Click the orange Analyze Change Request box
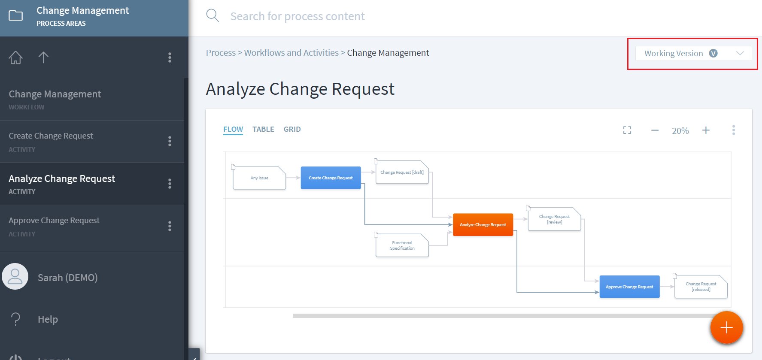pyautogui.click(x=483, y=224)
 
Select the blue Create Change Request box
pyautogui.click(x=331, y=178)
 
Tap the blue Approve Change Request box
pyautogui.click(x=629, y=287)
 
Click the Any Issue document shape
pyautogui.click(x=259, y=178)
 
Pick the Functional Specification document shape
pyautogui.click(x=402, y=245)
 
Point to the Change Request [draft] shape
pyautogui.click(x=402, y=172)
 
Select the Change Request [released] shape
pyautogui.click(x=701, y=287)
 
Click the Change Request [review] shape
pyautogui.click(x=554, y=219)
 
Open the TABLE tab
pyautogui.click(x=263, y=129)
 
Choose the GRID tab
pyautogui.click(x=292, y=129)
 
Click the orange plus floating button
pyautogui.click(x=726, y=328)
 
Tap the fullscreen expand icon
pyautogui.click(x=627, y=130)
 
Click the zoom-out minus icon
pyautogui.click(x=655, y=130)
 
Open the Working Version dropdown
pyautogui.click(x=693, y=53)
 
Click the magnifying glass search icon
pyautogui.click(x=213, y=16)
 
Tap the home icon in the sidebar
pyautogui.click(x=16, y=57)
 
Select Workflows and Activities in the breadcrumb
pyautogui.click(x=291, y=53)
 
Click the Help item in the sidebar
pyautogui.click(x=48, y=319)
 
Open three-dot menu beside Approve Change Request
pyautogui.click(x=170, y=226)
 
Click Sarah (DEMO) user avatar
pyautogui.click(x=15, y=276)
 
